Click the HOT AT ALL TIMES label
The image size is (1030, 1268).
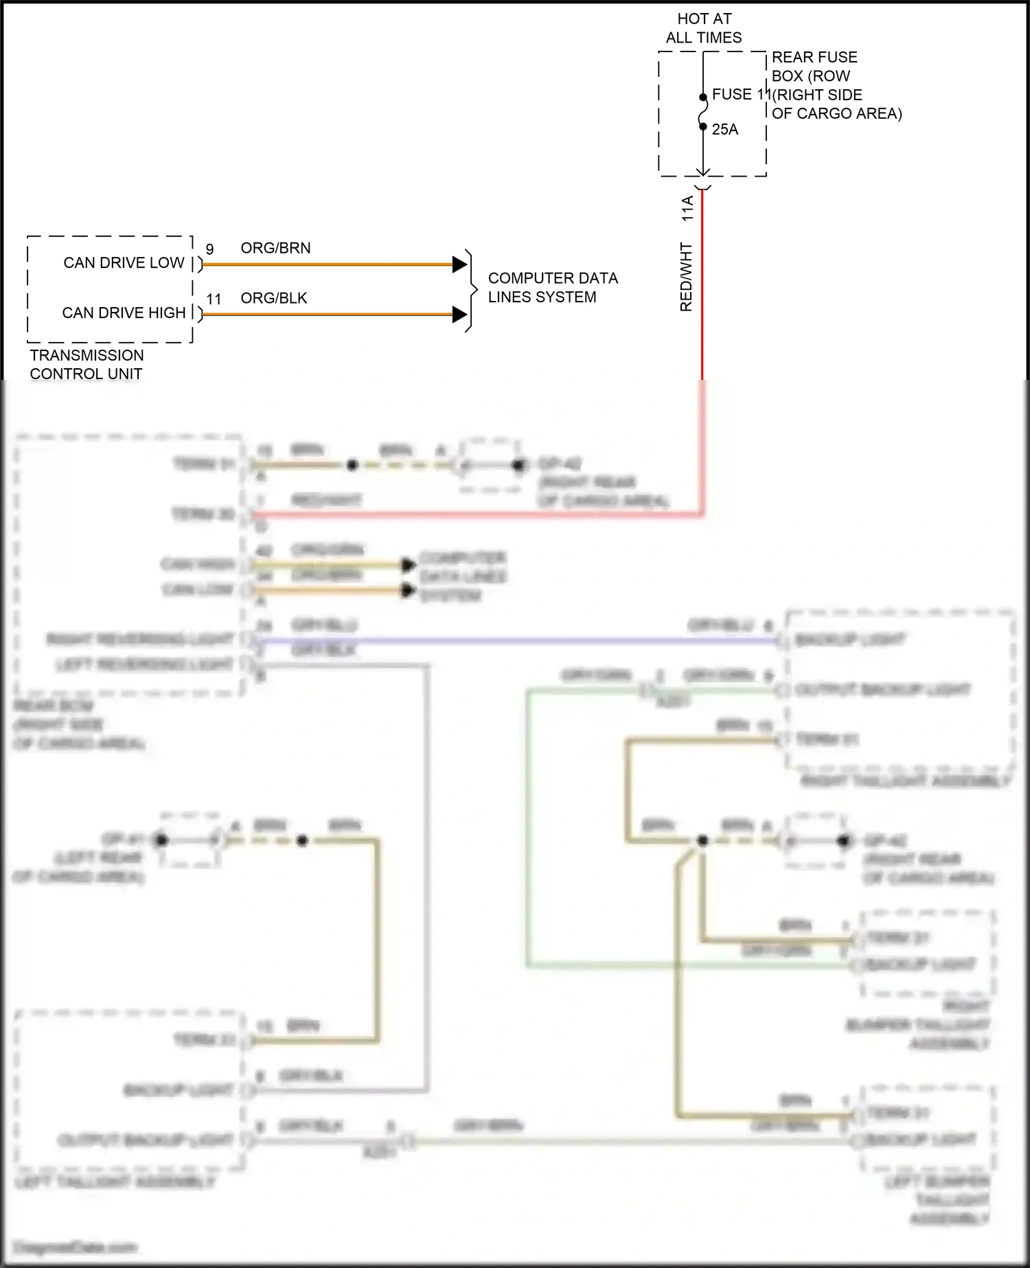tap(704, 28)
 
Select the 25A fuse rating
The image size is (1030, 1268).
tap(724, 129)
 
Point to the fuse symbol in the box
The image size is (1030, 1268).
tap(703, 112)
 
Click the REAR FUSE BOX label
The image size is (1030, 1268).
tap(836, 85)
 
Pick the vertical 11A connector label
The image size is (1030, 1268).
tap(687, 208)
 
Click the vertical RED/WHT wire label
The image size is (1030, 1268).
tap(686, 276)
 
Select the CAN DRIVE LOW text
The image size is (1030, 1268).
tap(124, 262)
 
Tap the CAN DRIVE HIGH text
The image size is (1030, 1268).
tap(124, 313)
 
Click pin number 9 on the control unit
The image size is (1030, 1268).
tap(209, 249)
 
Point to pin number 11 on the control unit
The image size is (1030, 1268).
tap(214, 299)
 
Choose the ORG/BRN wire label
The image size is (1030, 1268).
tap(275, 248)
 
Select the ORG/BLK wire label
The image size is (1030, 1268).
tap(273, 298)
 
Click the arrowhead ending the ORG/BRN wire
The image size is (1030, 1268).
tap(459, 264)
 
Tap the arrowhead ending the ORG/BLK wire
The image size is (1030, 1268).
tap(459, 315)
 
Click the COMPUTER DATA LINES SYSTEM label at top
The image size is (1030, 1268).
tap(552, 287)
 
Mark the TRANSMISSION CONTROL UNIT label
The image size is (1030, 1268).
tap(87, 364)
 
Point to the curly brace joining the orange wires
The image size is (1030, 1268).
tap(471, 290)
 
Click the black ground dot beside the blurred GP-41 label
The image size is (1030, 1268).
tap(161, 839)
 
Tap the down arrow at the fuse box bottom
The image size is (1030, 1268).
tap(702, 172)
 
